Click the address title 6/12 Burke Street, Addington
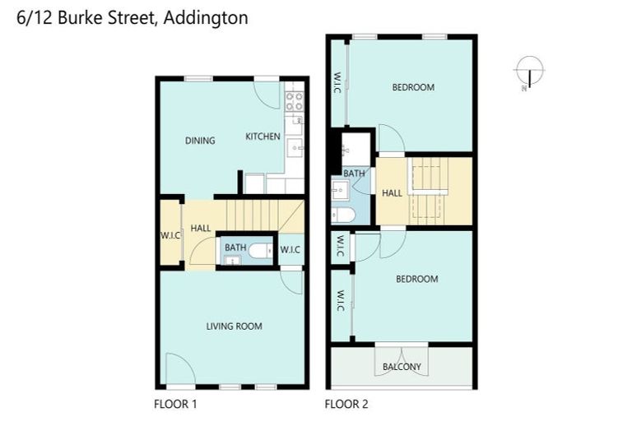coord(132,17)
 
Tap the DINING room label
coord(200,141)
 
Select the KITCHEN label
coord(263,136)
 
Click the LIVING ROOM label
coord(234,326)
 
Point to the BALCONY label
coord(402,367)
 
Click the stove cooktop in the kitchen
coord(294,101)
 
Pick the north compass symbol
coord(527,72)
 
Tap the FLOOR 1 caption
coord(175,404)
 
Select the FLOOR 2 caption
coord(346,404)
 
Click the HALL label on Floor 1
coord(200,229)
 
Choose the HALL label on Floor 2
coord(392,193)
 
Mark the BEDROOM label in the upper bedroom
coord(412,87)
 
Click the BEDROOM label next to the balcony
coord(416,279)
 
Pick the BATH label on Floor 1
coord(235,248)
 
